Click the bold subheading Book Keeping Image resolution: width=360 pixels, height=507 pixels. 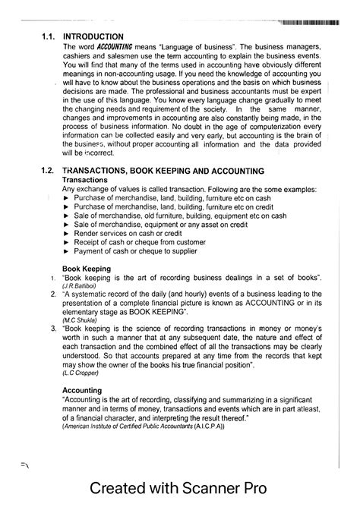(86, 269)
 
